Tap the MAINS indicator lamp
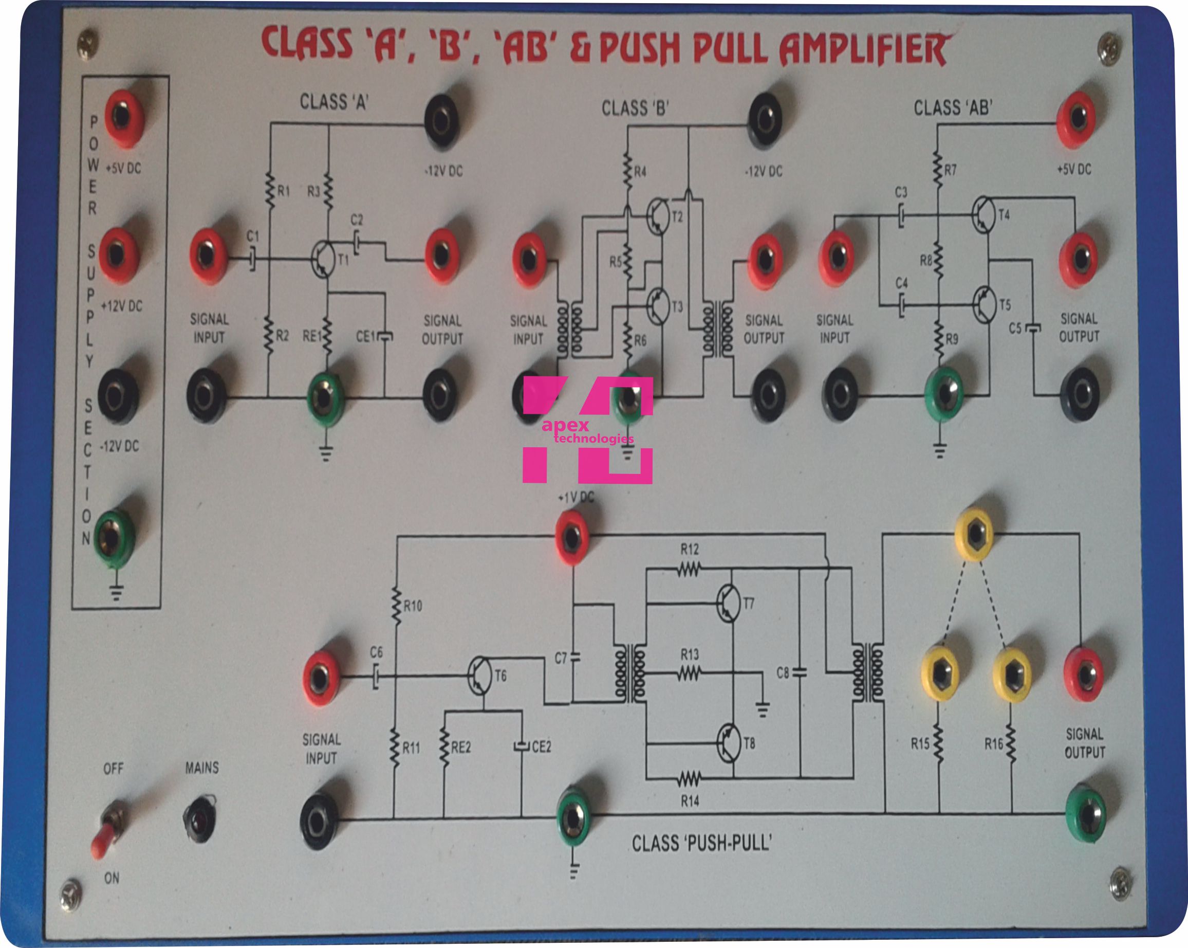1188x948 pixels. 200,818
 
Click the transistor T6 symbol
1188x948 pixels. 479,676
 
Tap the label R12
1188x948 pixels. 690,549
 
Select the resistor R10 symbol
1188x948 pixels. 396,606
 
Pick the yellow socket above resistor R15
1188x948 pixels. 939,673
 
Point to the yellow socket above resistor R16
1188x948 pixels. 1012,674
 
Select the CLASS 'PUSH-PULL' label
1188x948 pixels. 701,843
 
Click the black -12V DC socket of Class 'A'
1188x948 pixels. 441,121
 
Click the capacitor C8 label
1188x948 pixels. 783,672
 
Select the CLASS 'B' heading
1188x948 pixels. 635,108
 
